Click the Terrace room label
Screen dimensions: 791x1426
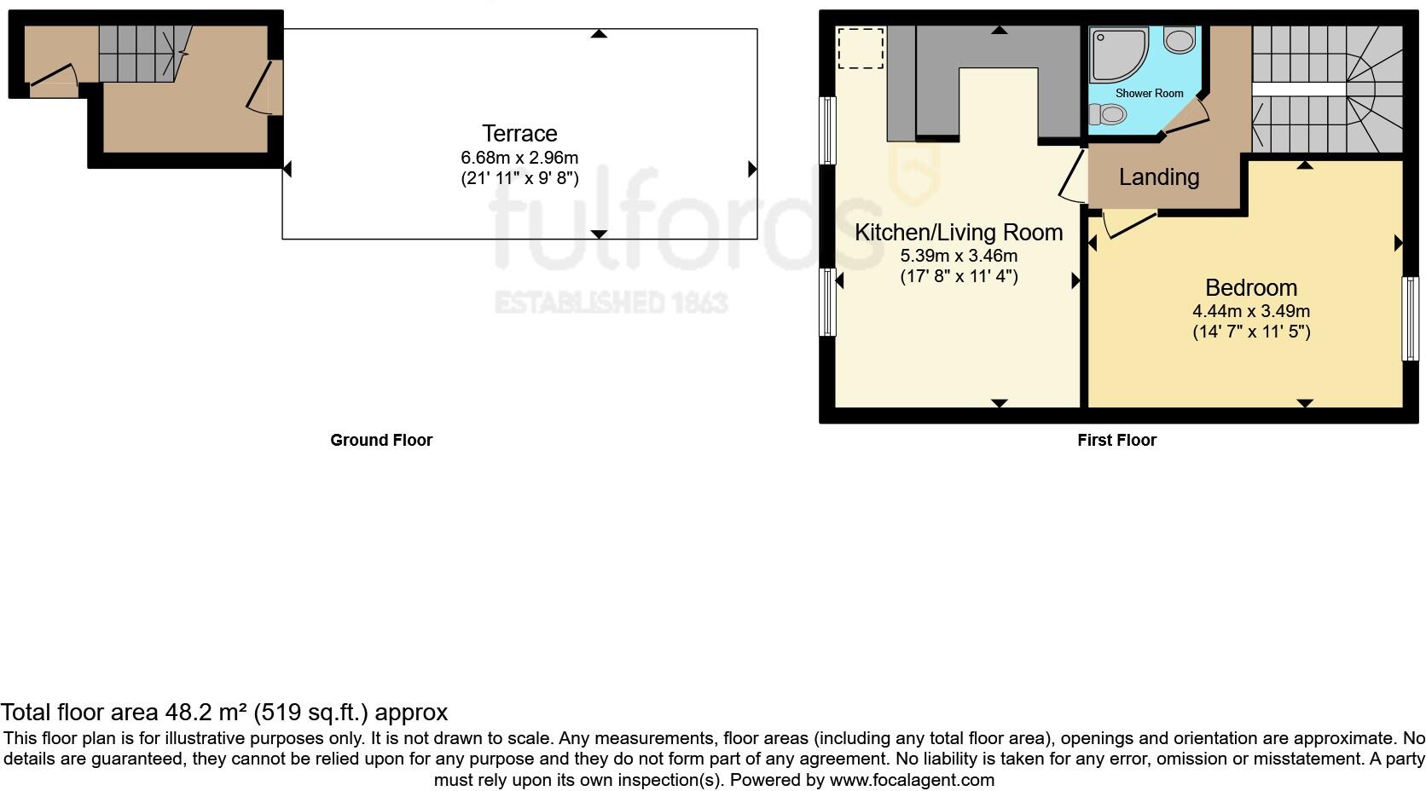click(519, 134)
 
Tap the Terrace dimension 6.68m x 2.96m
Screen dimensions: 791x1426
click(519, 158)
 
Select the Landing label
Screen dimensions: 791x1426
click(1158, 177)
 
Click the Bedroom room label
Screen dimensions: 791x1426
click(1250, 288)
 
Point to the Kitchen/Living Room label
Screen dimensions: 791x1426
click(959, 233)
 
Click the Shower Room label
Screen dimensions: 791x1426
click(1149, 93)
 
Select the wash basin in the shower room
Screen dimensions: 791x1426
click(1180, 40)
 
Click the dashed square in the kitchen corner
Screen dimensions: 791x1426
click(861, 48)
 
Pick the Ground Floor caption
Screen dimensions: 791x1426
click(381, 441)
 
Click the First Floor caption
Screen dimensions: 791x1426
click(1116, 441)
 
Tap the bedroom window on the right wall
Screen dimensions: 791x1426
click(1411, 318)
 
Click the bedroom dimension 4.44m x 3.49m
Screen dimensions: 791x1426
click(1250, 311)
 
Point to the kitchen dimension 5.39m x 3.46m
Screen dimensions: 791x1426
click(959, 256)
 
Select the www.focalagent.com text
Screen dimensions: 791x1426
click(911, 780)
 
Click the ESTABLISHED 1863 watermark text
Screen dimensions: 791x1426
click(611, 303)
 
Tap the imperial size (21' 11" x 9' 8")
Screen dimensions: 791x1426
click(519, 178)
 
